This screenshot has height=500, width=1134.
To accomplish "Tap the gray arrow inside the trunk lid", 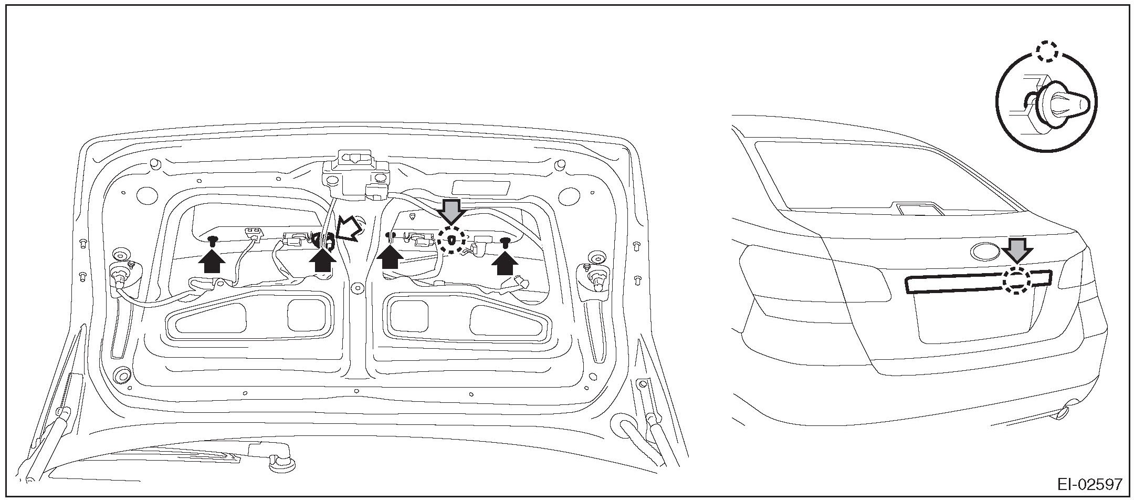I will pyautogui.click(x=451, y=211).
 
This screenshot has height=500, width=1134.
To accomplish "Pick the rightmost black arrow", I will pyautogui.click(x=505, y=263).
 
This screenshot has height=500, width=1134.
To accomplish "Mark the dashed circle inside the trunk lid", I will pyautogui.click(x=451, y=241).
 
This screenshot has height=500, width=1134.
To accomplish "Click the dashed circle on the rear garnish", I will pyautogui.click(x=1016, y=281).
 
